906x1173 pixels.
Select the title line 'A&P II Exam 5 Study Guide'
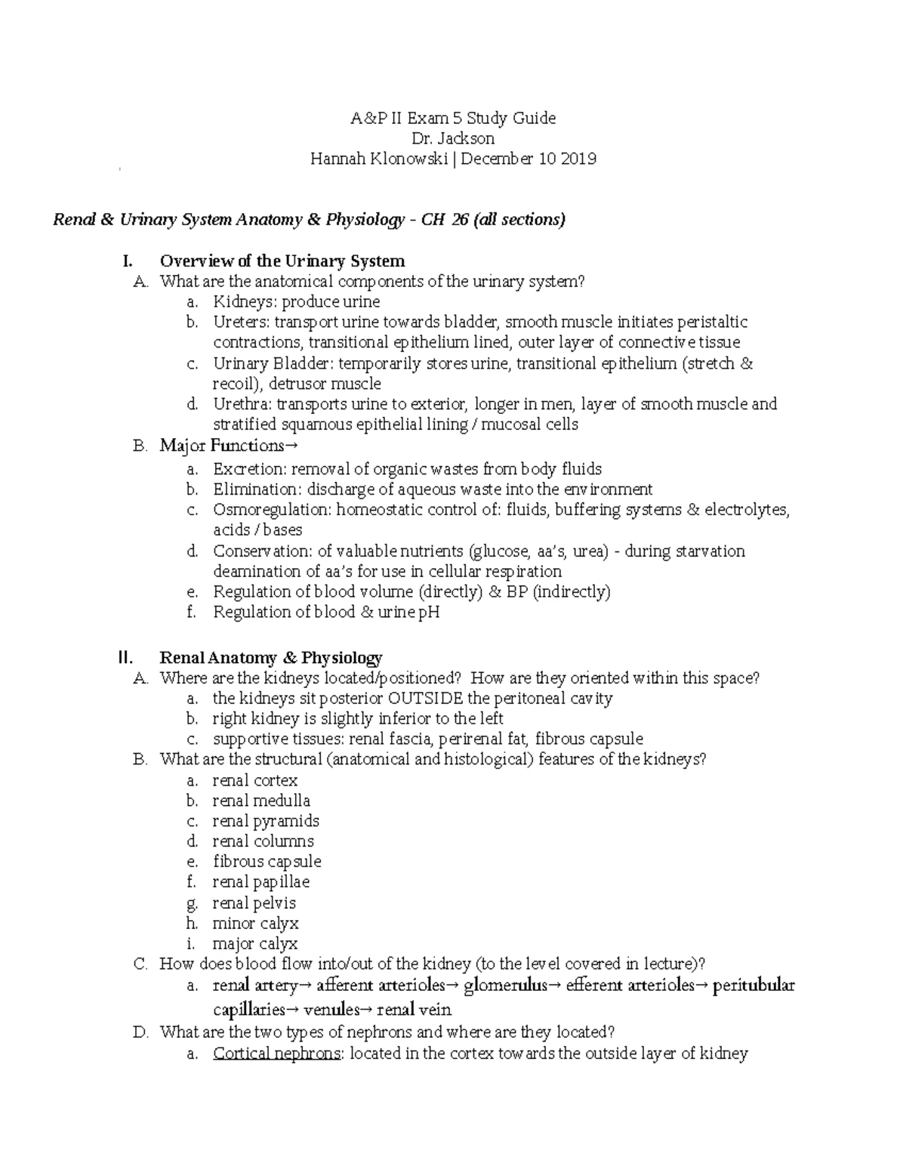[x=453, y=118]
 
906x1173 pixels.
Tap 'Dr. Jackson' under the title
[x=453, y=138]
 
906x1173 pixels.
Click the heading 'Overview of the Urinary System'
[x=282, y=261]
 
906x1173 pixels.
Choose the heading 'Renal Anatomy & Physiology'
[x=271, y=658]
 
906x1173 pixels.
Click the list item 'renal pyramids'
[x=266, y=821]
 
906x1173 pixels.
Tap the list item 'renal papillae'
[x=261, y=882]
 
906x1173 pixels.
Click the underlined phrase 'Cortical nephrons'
[x=276, y=1054]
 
